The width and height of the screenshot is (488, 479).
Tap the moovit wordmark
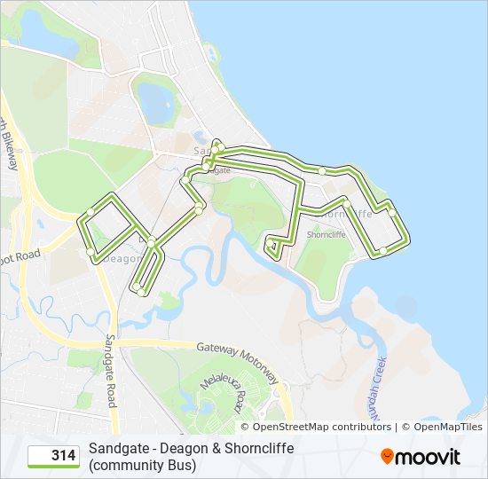tap(429, 457)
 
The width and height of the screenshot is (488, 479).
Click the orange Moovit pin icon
tap(388, 456)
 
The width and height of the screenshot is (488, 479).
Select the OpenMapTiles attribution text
tap(447, 427)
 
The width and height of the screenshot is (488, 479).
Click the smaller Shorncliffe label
tap(326, 235)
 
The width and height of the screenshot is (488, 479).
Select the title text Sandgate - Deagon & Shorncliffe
tap(191, 448)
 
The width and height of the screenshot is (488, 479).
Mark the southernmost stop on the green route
tap(141, 291)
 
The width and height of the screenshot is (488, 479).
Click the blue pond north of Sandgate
tap(157, 104)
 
